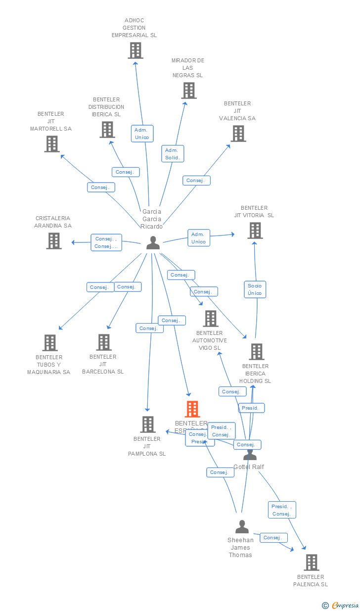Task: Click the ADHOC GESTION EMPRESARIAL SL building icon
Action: (135, 50)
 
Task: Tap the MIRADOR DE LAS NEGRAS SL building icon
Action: (188, 91)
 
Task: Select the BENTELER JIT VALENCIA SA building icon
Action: (238, 134)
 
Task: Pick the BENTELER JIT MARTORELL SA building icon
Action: (51, 144)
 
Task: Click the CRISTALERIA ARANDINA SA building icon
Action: (53, 241)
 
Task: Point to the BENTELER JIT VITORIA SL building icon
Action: (255, 231)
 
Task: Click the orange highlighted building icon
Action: (192, 410)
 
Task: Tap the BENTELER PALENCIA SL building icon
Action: (311, 563)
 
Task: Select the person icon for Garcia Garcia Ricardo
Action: (153, 242)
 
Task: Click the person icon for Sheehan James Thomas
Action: (242, 526)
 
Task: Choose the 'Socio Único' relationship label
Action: (255, 289)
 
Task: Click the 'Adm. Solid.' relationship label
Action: (173, 154)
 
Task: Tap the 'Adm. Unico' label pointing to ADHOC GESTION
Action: (142, 134)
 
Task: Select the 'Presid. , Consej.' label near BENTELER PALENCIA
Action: (282, 510)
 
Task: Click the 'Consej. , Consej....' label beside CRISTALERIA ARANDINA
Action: (106, 242)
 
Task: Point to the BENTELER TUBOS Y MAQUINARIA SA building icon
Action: (49, 343)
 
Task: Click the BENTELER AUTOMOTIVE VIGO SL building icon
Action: (211, 319)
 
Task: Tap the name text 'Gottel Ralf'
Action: (249, 467)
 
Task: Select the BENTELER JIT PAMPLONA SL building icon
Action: (147, 424)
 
